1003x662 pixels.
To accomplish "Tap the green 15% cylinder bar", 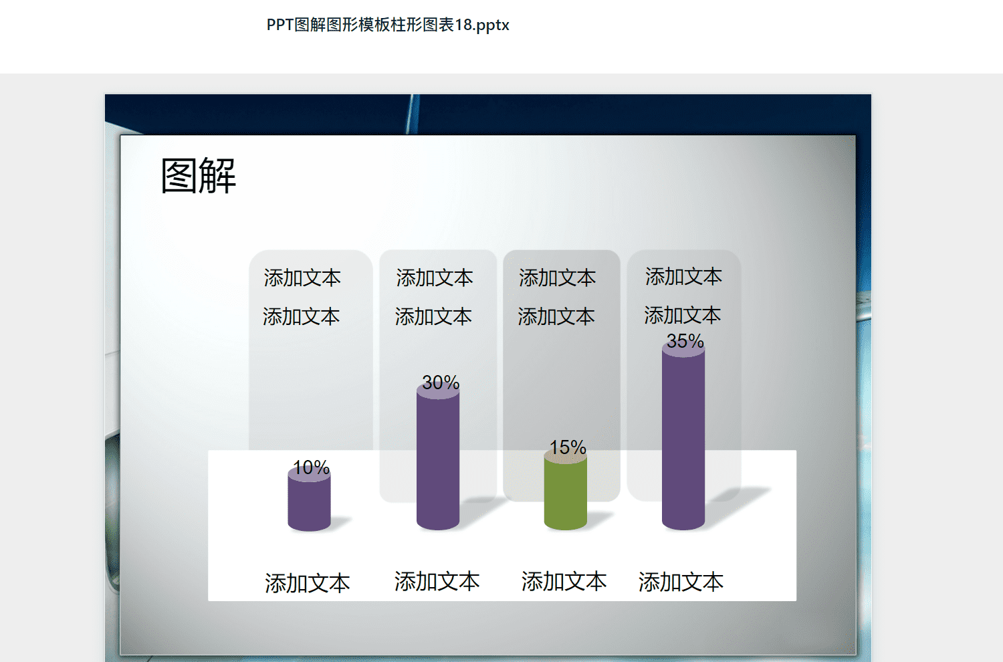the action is pyautogui.click(x=566, y=490).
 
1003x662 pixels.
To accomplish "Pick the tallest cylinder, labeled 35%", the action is pyautogui.click(x=683, y=437).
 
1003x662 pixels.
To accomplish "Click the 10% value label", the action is pyautogui.click(x=311, y=467).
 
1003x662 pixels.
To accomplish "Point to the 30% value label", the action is pyautogui.click(x=441, y=382).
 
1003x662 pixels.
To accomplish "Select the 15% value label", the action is pyautogui.click(x=568, y=447).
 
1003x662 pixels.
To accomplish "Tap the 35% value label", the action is pyautogui.click(x=685, y=341).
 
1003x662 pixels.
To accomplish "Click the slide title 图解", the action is pyautogui.click(x=199, y=176).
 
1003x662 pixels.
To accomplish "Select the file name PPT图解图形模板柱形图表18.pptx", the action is pyautogui.click(x=388, y=25).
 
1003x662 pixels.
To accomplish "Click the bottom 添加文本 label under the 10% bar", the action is pyautogui.click(x=307, y=583).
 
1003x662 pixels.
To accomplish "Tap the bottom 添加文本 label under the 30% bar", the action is pyautogui.click(x=437, y=581).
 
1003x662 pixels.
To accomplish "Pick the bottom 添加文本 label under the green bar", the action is pyautogui.click(x=564, y=581).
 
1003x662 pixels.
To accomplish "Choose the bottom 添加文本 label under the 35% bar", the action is pyautogui.click(x=681, y=582).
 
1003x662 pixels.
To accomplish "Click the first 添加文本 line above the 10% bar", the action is pyautogui.click(x=302, y=278).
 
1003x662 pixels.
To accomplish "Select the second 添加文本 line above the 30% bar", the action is pyautogui.click(x=433, y=317).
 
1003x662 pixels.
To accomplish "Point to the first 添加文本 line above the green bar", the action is pyautogui.click(x=558, y=278).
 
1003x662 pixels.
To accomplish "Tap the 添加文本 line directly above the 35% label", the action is pyautogui.click(x=683, y=316).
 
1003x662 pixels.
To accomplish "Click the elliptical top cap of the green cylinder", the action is pyautogui.click(x=566, y=457).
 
